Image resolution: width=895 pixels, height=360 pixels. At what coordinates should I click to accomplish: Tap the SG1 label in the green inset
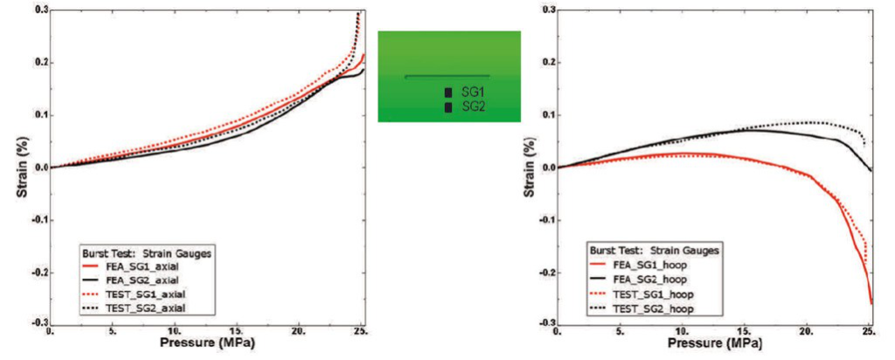click(x=473, y=92)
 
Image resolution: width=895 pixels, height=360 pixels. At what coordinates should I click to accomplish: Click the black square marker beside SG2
click(x=448, y=107)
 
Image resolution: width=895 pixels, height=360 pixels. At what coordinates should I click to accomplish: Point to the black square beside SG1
click(x=448, y=92)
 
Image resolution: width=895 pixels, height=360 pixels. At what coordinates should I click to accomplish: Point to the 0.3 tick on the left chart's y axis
click(x=41, y=10)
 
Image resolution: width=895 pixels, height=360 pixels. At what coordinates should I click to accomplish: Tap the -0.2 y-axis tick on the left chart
click(x=39, y=271)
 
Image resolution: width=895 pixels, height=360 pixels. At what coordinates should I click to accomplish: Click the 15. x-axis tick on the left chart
click(x=237, y=333)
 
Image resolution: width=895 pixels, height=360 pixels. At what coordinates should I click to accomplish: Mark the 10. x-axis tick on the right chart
click(x=682, y=333)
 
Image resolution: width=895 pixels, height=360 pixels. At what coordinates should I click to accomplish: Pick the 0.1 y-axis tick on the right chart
click(x=548, y=114)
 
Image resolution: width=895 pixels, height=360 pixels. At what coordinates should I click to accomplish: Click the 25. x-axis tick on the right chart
click(x=868, y=333)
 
